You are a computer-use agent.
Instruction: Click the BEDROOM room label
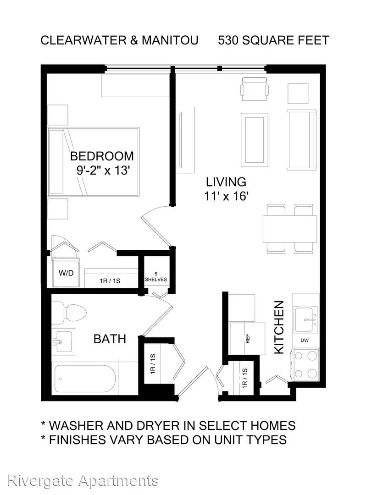pyautogui.click(x=102, y=156)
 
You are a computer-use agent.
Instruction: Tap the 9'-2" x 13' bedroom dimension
pyautogui.click(x=103, y=170)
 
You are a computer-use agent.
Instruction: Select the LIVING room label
pyautogui.click(x=226, y=182)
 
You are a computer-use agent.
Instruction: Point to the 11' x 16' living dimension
pyautogui.click(x=226, y=196)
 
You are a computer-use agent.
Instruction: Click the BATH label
pyautogui.click(x=110, y=339)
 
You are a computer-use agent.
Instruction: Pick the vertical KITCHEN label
pyautogui.click(x=279, y=327)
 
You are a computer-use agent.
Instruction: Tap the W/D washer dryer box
pyautogui.click(x=66, y=272)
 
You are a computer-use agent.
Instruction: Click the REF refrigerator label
pyautogui.click(x=247, y=338)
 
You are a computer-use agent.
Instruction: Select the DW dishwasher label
pyautogui.click(x=305, y=340)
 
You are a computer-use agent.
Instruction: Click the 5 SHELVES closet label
pyautogui.click(x=156, y=276)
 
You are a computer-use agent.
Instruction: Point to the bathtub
pyautogui.click(x=85, y=378)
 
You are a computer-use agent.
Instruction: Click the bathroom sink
pyautogui.click(x=63, y=341)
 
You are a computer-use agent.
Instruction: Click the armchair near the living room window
pyautogui.click(x=255, y=89)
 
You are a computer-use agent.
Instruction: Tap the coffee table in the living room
pyautogui.click(x=255, y=139)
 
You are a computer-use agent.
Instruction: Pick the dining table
pyautogui.click(x=290, y=229)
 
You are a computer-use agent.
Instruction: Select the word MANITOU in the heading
pyautogui.click(x=170, y=40)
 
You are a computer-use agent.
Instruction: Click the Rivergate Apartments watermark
pyautogui.click(x=83, y=481)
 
